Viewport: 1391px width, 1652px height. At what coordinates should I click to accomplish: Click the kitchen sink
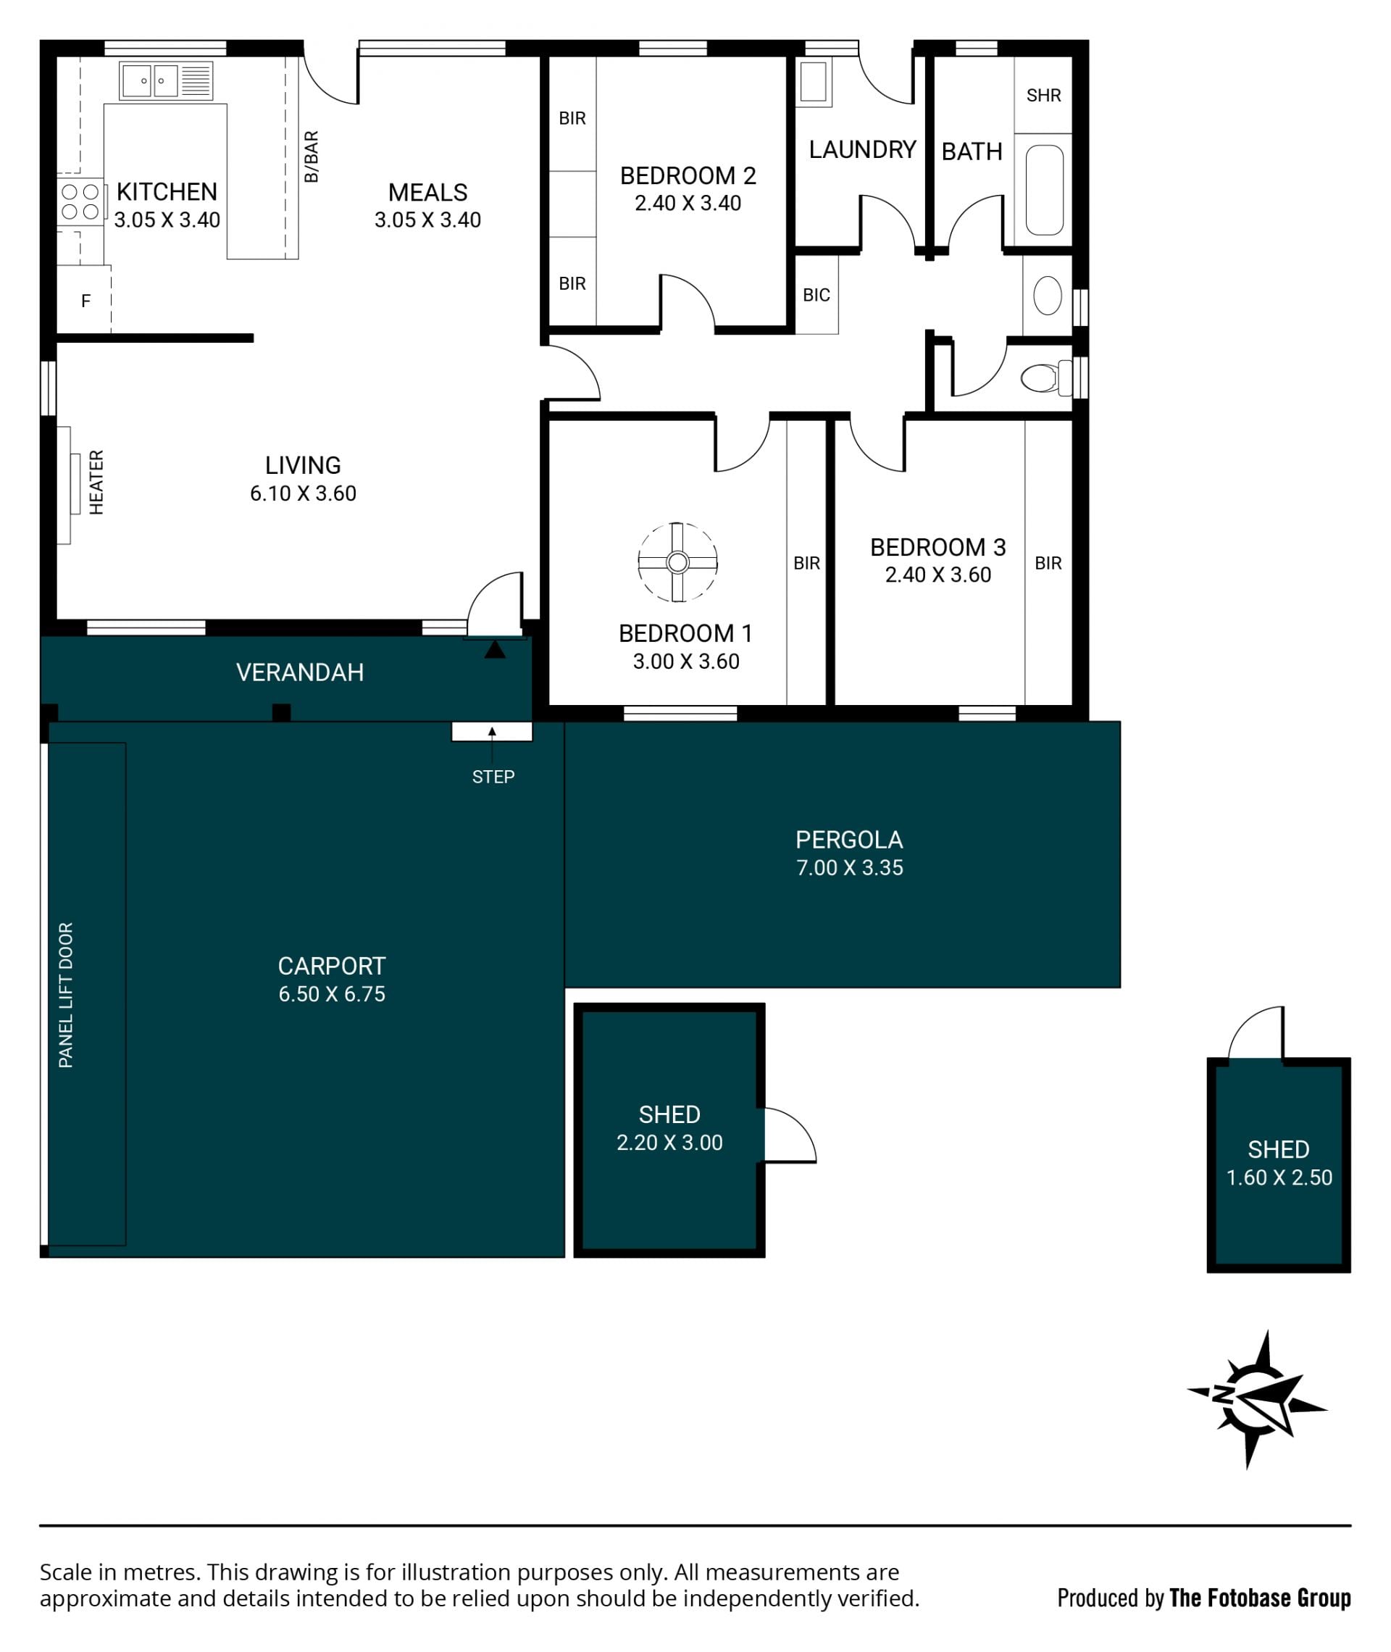point(167,80)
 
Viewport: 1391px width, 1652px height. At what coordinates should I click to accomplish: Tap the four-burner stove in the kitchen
point(80,202)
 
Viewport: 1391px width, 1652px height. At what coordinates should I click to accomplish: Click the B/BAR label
point(312,157)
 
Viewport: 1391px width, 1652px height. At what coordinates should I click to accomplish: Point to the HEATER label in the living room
point(96,483)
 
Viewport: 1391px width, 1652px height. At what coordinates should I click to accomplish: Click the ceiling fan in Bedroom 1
point(677,562)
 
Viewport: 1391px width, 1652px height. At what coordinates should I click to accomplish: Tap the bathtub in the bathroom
point(1045,190)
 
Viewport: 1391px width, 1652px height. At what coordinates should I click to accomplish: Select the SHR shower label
point(1043,96)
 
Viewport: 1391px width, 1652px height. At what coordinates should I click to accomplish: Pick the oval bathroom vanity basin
point(1047,296)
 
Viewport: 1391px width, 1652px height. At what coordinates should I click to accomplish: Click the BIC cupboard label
point(816,295)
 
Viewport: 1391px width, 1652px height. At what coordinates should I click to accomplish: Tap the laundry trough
point(814,82)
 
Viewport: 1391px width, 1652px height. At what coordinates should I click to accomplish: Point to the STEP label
point(493,777)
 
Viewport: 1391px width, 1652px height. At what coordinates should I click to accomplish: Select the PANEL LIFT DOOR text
point(65,995)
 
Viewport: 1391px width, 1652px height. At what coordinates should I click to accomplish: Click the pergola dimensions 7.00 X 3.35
point(849,867)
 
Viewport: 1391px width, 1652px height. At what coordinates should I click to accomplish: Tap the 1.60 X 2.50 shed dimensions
point(1279,1177)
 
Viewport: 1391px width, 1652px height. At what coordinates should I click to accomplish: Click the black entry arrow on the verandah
point(494,649)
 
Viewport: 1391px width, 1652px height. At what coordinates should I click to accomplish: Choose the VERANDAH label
point(300,672)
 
